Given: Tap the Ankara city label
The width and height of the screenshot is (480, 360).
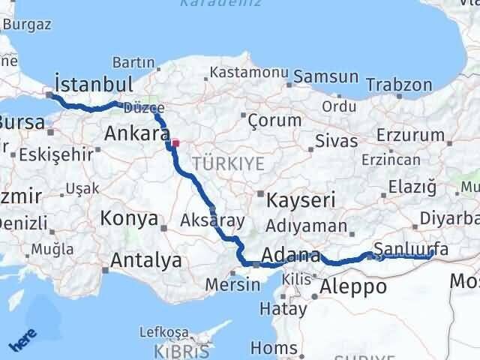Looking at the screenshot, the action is [x=136, y=134].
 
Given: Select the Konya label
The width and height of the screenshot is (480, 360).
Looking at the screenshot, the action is [x=128, y=220].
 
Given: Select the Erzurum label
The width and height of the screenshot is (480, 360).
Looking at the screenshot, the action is [x=412, y=135].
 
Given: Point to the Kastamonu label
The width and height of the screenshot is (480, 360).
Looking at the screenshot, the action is [x=238, y=73].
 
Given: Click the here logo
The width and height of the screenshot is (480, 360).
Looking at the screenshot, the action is [x=23, y=342].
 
